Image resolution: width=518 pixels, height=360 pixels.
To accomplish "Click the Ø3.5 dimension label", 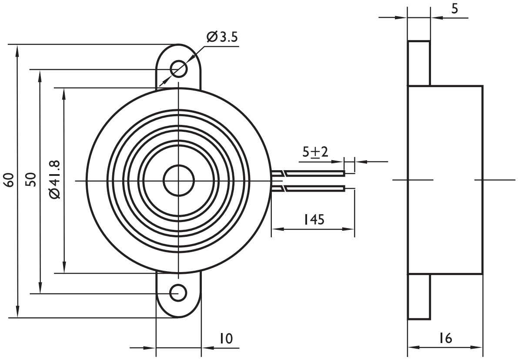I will pos(222,37).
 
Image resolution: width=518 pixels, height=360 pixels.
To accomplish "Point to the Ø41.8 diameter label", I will pos(55,180).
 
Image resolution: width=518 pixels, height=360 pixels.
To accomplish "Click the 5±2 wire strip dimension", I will pos(315,152).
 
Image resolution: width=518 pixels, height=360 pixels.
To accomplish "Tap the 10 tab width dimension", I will pos(225,338).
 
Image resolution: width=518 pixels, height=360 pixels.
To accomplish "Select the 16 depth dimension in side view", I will pos(445,338).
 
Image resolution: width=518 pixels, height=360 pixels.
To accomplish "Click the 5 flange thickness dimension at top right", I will pos(454,9).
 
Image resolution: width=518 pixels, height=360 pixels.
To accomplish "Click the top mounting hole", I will pos(179,68).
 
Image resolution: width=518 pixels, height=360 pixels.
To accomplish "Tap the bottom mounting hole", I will pos(178,293).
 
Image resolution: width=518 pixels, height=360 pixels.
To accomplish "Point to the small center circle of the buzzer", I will pos(178,180).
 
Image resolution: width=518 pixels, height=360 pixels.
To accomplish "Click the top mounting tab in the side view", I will pos(419,63).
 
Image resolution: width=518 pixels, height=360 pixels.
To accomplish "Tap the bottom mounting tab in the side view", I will pos(419,297).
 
